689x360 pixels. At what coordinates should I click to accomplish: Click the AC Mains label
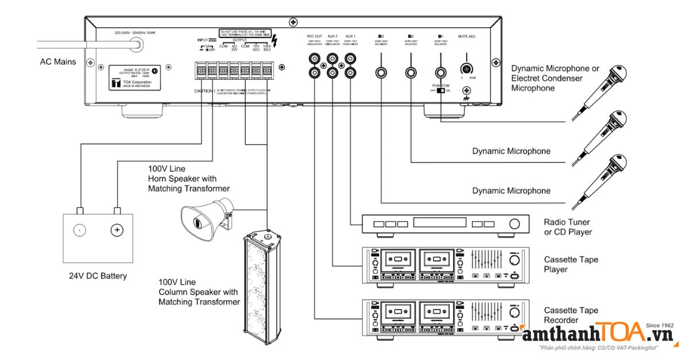[x=57, y=61]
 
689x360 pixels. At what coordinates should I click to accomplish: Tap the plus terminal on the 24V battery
[x=117, y=230]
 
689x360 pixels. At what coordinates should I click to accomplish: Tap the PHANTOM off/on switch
[x=441, y=91]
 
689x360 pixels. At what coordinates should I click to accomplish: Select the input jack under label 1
[x=440, y=72]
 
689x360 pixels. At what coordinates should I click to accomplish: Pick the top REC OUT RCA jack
[x=315, y=59]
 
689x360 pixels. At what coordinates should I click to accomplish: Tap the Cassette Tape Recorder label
[x=571, y=315]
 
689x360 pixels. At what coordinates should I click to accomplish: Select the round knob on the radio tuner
[x=515, y=224]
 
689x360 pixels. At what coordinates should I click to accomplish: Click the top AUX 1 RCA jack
[x=349, y=59]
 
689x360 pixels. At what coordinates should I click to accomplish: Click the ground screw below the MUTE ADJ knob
[x=467, y=90]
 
